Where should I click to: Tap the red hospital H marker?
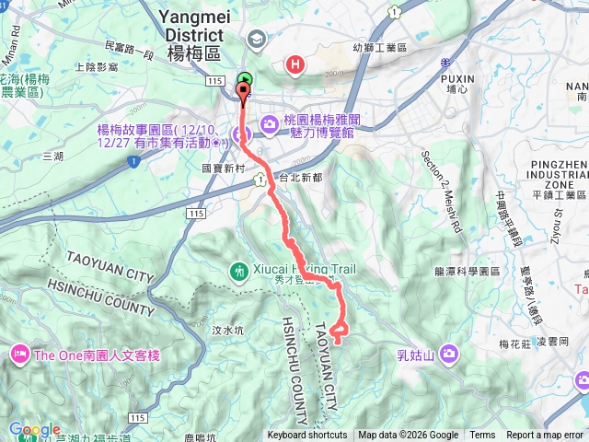click(294, 64)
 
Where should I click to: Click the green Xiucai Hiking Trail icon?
click(238, 271)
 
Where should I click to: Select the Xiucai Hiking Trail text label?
click(304, 271)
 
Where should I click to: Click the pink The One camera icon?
click(18, 354)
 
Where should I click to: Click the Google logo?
click(34, 430)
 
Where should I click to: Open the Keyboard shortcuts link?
click(307, 436)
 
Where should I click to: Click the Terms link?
click(482, 436)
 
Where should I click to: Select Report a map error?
click(545, 436)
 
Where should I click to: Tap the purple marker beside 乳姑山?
click(449, 353)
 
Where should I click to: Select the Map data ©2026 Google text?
click(408, 436)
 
